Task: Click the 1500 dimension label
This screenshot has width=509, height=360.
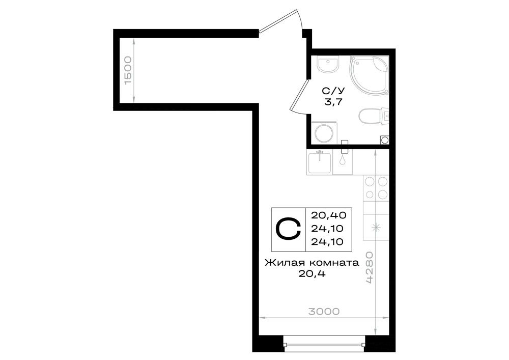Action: pos(129,70)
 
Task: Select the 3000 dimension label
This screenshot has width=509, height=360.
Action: pos(324,312)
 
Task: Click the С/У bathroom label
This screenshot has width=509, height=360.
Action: pos(333,90)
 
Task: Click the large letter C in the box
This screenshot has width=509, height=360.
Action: pos(288,229)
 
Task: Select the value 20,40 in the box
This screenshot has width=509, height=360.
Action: pos(328,215)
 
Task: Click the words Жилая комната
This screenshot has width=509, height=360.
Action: pos(312,262)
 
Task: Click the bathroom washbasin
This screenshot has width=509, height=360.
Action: pos(328,65)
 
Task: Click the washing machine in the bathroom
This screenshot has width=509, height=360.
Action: pos(324,132)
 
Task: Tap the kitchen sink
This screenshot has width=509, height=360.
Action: pos(320,162)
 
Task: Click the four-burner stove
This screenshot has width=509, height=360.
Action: pos(376,188)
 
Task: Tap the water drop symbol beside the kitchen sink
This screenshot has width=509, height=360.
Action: pos(343,160)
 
